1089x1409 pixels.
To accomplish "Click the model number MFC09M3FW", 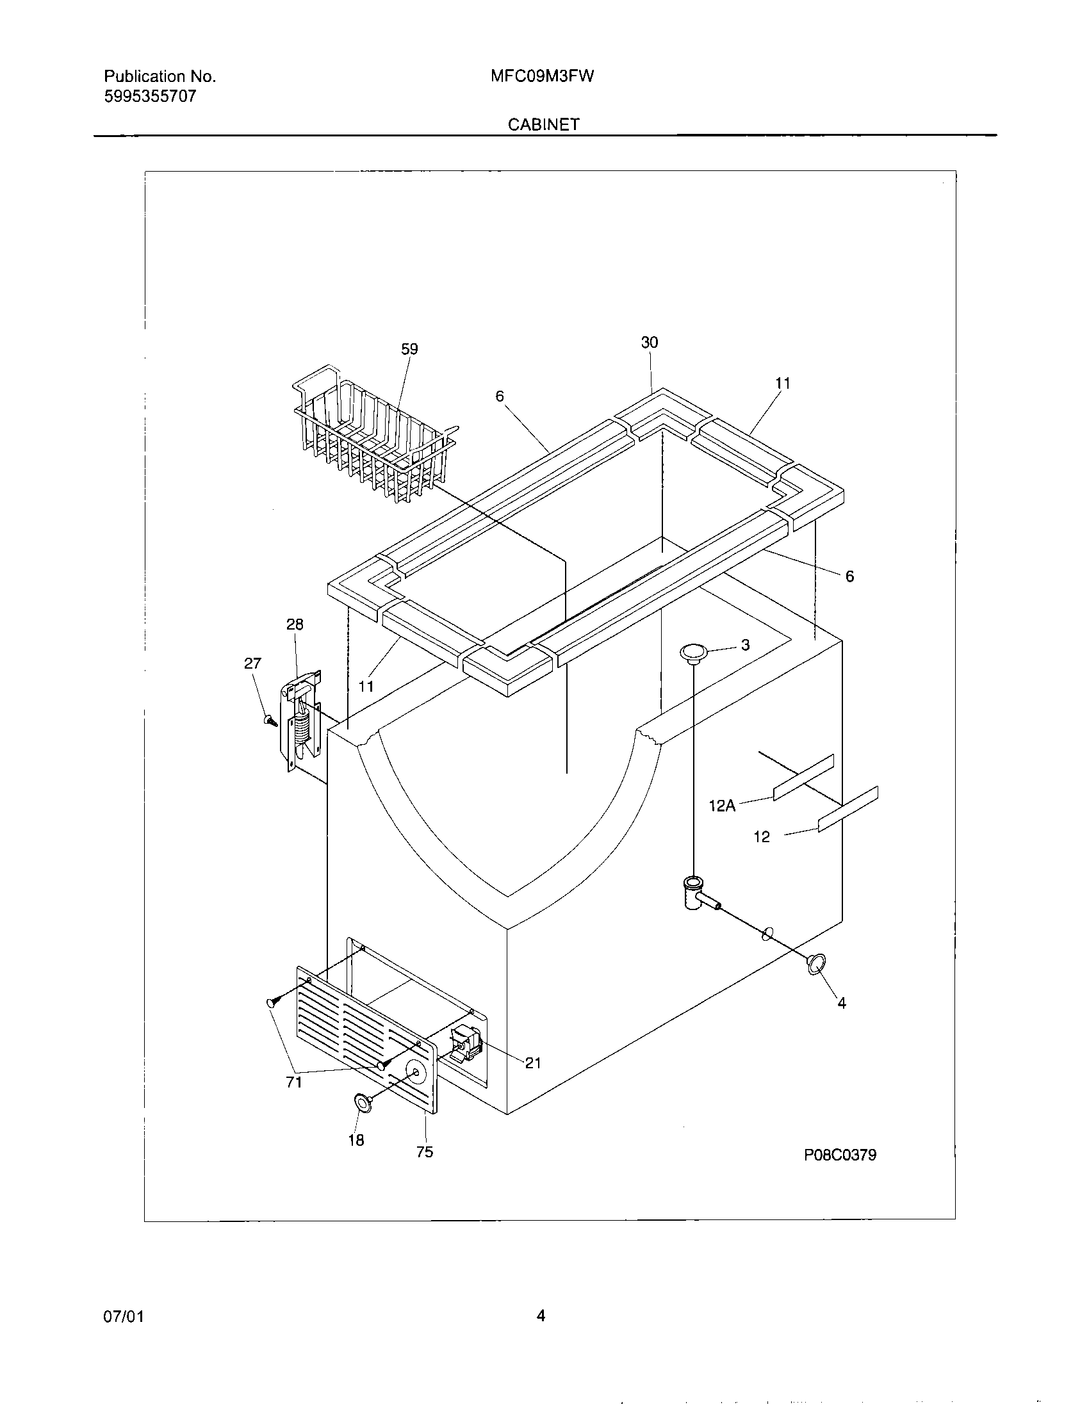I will coord(542,77).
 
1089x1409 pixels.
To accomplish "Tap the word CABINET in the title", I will coord(543,124).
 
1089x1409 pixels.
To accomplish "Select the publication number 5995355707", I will coord(150,97).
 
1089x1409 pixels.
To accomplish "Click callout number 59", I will coord(410,349).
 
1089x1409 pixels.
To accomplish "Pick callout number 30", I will coord(650,343).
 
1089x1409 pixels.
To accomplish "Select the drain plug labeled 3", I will coord(693,653).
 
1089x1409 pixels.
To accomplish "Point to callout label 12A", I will coord(722,806).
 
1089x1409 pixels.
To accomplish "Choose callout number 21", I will coord(533,1063).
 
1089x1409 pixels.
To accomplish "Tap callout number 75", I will coord(425,1152).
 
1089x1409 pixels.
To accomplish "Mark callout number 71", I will coord(294,1082).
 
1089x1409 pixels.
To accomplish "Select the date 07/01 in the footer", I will coord(123,1316).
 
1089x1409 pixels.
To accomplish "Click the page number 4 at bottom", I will coord(541,1315).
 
